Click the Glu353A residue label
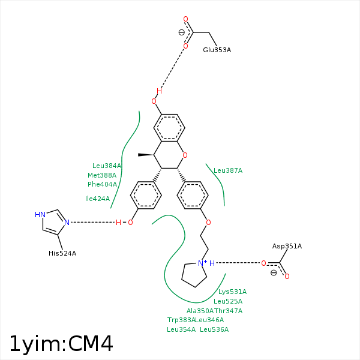(x=217, y=50)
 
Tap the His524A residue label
(x=62, y=253)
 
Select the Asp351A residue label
(x=287, y=246)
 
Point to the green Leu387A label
(x=228, y=170)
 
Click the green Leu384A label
(x=107, y=166)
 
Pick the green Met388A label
(x=102, y=175)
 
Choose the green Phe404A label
(x=102, y=184)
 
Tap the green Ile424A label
(x=98, y=199)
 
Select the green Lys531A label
(x=232, y=292)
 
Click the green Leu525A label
(x=228, y=301)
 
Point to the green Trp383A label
(x=181, y=320)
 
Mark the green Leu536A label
(x=214, y=329)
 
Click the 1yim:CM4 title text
(x=61, y=343)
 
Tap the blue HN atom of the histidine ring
(x=40, y=214)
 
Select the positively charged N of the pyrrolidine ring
(x=201, y=263)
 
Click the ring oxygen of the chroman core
(x=185, y=155)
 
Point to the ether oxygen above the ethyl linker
(x=208, y=222)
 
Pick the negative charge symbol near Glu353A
(x=182, y=33)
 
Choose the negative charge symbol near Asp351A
(x=274, y=272)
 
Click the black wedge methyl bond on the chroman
(x=146, y=155)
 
